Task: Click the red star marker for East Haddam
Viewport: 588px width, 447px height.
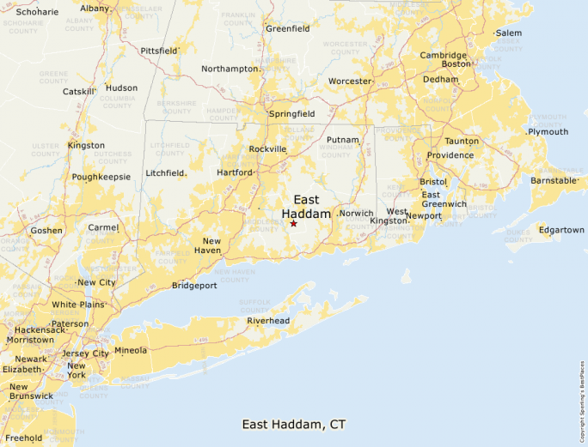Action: coord(293,223)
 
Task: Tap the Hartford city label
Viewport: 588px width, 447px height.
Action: coord(234,172)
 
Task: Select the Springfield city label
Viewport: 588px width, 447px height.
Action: coord(292,113)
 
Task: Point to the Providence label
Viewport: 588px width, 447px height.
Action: coord(450,155)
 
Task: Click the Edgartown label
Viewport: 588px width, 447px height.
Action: coord(560,230)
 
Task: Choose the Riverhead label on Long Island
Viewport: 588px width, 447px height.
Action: coord(268,321)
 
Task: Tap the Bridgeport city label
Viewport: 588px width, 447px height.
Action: coord(194,286)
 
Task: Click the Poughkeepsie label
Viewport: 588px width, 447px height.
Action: coord(101,177)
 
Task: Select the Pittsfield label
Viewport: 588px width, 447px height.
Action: coord(157,51)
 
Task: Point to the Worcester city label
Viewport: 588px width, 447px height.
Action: coord(349,82)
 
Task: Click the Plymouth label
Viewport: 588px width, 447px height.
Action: coord(548,132)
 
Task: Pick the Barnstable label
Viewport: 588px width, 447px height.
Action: coord(553,181)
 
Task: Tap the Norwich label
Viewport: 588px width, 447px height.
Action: coord(356,214)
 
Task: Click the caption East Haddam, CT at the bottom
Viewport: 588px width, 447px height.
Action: coord(294,424)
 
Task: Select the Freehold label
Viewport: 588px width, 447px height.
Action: coord(24,438)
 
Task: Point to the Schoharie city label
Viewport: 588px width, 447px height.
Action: coord(38,12)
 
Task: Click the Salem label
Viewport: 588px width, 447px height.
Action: coord(508,33)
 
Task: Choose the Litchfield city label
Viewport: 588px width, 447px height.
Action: coord(165,172)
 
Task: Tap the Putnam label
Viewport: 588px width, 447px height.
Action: coord(342,139)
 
